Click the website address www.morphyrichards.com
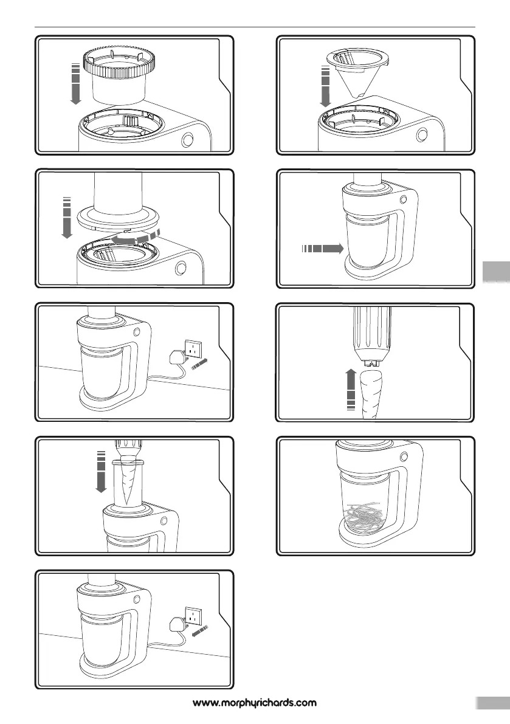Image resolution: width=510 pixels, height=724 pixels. click(255, 703)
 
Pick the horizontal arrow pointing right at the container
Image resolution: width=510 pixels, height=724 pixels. click(323, 249)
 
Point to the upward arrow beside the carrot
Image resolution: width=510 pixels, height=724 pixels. click(351, 389)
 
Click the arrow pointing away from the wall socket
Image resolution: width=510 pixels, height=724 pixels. click(199, 631)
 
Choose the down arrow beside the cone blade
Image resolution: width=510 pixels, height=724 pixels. click(325, 86)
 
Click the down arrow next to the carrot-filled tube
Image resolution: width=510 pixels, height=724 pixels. click(100, 472)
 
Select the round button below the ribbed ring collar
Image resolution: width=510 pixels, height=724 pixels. click(187, 139)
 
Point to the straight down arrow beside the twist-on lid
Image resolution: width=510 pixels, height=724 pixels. click(67, 218)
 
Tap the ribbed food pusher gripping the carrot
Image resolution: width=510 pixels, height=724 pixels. click(372, 336)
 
